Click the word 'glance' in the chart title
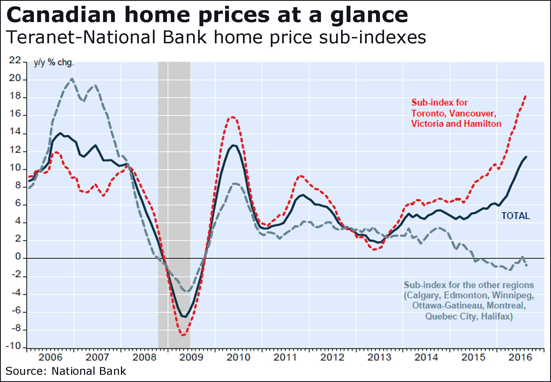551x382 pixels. [x=369, y=15]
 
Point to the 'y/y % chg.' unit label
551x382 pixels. [x=54, y=63]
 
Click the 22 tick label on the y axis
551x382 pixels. [x=15, y=60]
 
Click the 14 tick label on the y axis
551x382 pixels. [x=15, y=132]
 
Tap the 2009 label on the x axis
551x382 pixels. [x=191, y=357]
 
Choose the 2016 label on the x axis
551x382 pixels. [x=520, y=357]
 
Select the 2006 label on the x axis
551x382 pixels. [x=50, y=357]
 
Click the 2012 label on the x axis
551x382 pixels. [x=332, y=357]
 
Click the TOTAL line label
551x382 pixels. [x=515, y=216]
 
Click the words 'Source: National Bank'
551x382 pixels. [x=66, y=371]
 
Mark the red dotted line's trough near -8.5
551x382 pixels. [x=183, y=335]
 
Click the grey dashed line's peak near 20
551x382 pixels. [x=72, y=79]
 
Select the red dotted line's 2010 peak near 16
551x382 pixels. [x=232, y=117]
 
